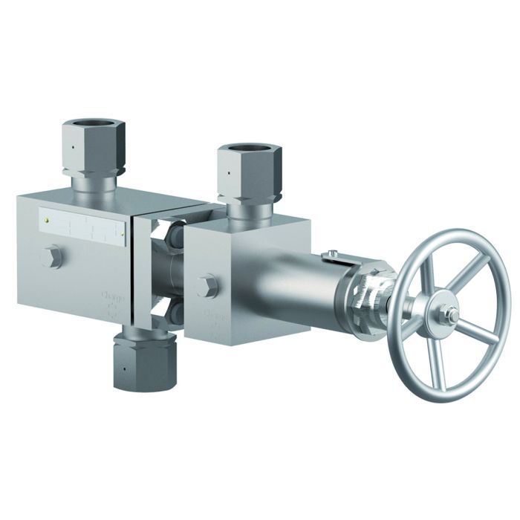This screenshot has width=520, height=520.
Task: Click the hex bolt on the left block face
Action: point(52,258)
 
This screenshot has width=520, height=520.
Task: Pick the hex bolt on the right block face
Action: point(208,285)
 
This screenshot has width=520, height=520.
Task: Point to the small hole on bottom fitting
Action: point(126,368)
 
